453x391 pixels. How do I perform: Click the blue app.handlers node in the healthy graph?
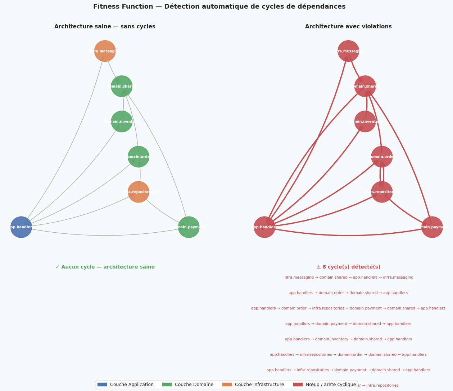(21, 227)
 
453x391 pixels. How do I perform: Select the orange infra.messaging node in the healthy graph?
(105, 51)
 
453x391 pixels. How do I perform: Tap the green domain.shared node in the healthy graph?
(122, 86)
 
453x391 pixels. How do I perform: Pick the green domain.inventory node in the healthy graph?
(122, 121)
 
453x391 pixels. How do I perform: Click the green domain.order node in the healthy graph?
(139, 157)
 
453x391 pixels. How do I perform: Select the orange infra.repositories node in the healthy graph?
(139, 192)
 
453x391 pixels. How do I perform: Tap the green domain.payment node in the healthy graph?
(189, 227)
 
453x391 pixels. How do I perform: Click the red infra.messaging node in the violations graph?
(348, 51)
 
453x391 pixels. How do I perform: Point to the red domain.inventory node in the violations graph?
(365, 121)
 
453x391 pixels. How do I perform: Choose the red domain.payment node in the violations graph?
(432, 227)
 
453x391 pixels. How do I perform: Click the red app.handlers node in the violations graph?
(264, 227)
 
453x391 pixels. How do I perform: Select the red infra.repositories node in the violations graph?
(382, 192)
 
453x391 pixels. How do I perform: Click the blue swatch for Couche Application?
(102, 385)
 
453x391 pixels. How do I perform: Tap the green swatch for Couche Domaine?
(167, 385)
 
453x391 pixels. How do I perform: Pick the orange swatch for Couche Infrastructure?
(227, 385)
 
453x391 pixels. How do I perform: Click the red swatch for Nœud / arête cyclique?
(298, 385)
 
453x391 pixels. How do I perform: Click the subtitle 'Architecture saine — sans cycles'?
(105, 27)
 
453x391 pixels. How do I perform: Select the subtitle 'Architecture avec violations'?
(348, 27)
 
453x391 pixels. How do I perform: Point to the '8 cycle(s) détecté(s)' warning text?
(348, 267)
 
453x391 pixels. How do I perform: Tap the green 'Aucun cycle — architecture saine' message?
(105, 267)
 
